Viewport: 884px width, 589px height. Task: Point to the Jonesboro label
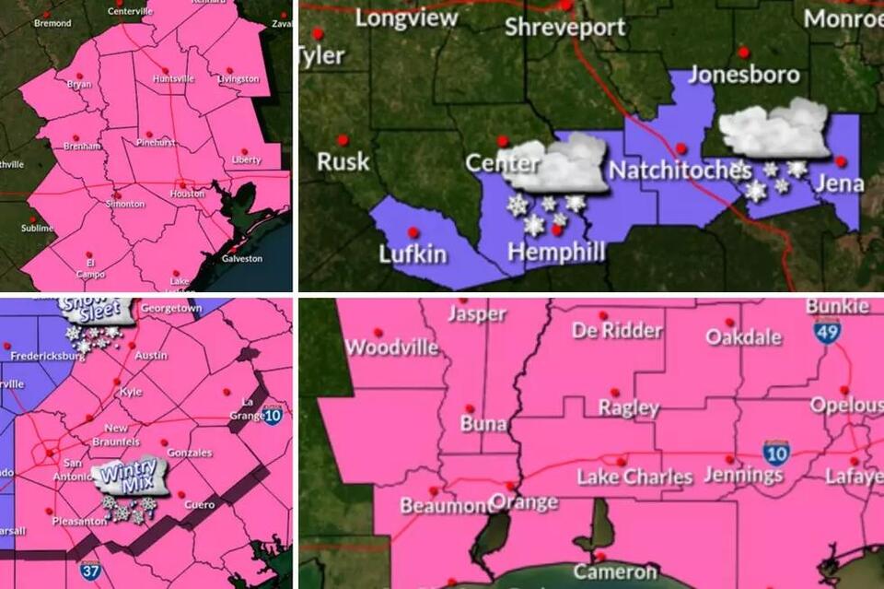point(744,75)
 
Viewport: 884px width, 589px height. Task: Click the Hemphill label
point(557,252)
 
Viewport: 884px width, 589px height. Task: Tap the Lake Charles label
point(634,477)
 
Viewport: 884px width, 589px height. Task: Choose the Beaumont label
point(447,505)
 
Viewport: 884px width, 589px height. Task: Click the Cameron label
point(615,571)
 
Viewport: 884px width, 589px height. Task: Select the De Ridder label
point(617,331)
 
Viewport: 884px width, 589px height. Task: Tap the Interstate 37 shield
point(90,571)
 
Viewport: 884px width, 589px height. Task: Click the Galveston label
point(242,259)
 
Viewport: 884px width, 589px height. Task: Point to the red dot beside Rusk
point(343,140)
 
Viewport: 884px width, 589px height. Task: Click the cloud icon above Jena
point(775,128)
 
